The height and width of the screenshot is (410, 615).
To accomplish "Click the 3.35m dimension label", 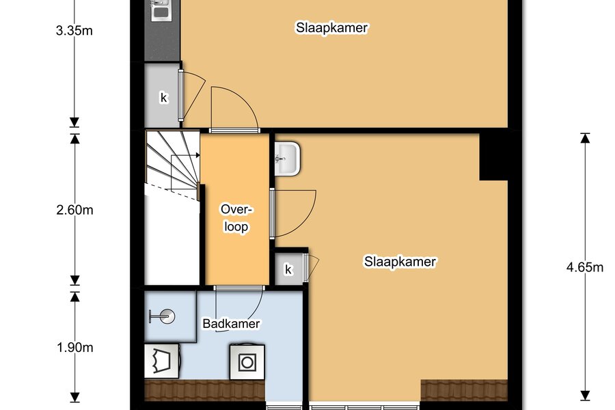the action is tap(74, 31).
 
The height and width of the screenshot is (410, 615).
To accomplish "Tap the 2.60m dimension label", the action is tap(75, 210).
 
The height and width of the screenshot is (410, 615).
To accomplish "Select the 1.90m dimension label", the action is tap(75, 348).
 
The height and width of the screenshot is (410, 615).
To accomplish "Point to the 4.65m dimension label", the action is tap(585, 267).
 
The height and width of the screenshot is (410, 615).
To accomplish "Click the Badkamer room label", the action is tap(231, 324).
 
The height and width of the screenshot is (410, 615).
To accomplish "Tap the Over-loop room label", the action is tap(236, 218).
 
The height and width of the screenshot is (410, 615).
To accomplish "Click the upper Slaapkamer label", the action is tap(332, 28).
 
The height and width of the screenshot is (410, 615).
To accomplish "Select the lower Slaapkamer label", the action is tap(400, 262).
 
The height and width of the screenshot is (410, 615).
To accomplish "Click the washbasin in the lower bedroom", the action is tap(287, 159).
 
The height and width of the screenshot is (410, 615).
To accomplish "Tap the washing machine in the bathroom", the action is tap(247, 362).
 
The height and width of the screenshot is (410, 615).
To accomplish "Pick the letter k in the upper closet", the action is tap(163, 97).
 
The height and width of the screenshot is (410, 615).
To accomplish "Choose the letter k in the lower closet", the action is tap(288, 269).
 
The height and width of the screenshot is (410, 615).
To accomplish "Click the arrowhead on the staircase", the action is tap(197, 155).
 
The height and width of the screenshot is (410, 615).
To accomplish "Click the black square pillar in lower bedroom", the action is tap(494, 157).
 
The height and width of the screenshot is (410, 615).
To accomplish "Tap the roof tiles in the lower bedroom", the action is tap(464, 390).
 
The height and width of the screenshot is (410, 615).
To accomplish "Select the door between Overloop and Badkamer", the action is tap(239, 309).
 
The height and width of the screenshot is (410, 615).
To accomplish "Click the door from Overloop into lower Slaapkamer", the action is tap(293, 213).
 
